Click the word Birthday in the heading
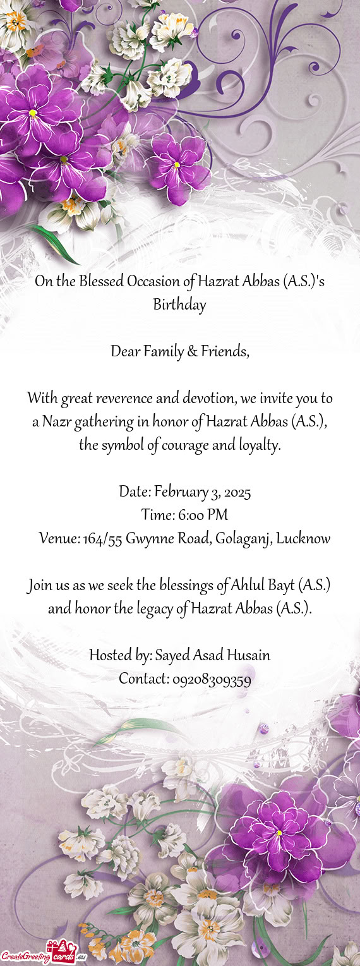(x=179, y=306)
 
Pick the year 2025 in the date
(x=227, y=492)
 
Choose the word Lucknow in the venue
(x=303, y=539)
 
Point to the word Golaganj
(x=244, y=539)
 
